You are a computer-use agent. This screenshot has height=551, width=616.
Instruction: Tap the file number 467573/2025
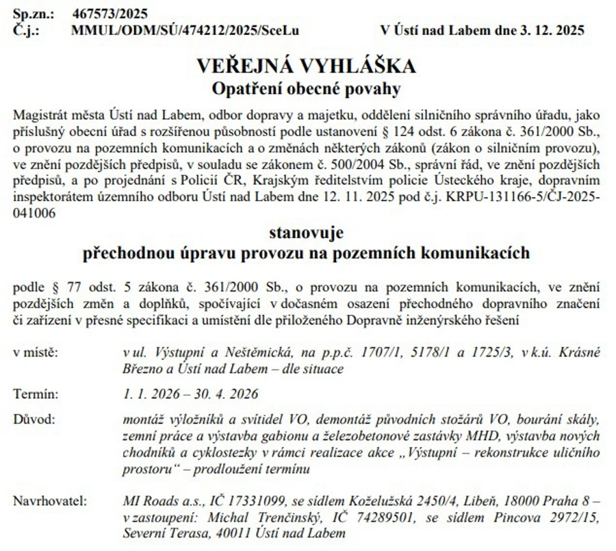110,14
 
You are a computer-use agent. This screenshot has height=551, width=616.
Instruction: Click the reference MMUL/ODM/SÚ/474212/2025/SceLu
185,30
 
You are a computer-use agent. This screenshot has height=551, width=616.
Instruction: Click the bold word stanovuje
306,231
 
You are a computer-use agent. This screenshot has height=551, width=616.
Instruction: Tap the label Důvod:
34,418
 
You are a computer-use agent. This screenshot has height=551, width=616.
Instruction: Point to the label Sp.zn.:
31,14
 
